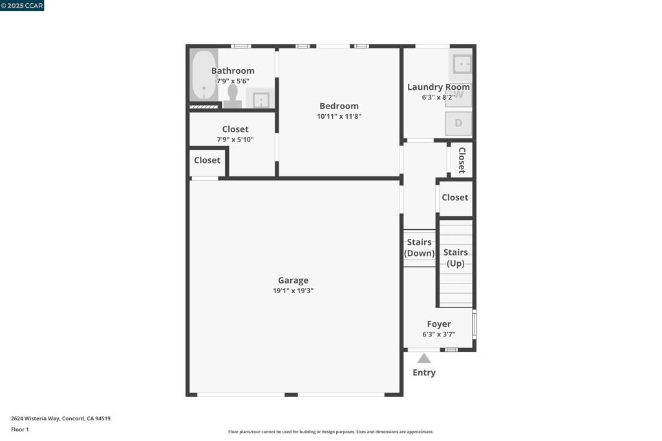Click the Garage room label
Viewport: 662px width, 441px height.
pos(293,280)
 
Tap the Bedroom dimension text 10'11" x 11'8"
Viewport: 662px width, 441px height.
pos(339,117)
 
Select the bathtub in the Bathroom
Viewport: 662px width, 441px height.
pos(204,76)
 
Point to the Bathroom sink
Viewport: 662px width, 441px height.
pos(261,99)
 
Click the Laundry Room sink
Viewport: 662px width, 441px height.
pos(462,64)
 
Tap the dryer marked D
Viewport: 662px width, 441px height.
pos(458,123)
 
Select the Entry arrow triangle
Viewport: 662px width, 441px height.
pos(423,358)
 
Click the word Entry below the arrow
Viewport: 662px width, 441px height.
pos(424,373)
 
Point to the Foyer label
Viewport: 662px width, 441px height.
pos(439,324)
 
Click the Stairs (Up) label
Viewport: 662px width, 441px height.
pos(456,258)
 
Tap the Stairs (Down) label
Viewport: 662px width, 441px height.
pos(420,247)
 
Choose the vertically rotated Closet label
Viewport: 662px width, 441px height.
pos(462,160)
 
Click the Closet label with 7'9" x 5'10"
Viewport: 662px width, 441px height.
pos(235,129)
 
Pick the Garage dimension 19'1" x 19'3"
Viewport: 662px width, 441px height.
pos(293,291)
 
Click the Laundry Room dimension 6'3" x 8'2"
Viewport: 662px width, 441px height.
pos(438,97)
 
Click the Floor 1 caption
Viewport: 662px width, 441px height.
pos(20,429)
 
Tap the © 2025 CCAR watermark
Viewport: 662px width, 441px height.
pos(22,6)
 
